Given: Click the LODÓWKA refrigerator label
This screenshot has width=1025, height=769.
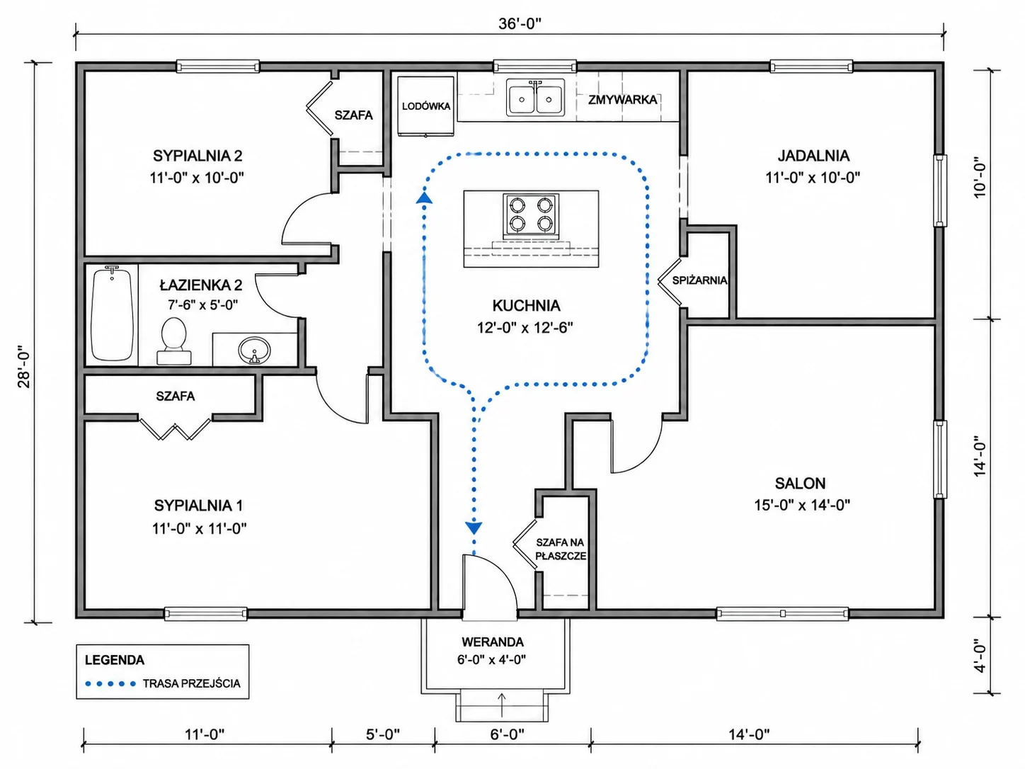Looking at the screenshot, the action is pos(426,106).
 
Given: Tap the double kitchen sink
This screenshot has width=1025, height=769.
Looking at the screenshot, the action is pos(535,97).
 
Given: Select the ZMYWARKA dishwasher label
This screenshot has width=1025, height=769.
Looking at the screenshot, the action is pos(622,100).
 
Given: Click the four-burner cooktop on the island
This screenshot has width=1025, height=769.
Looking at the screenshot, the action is pos(531,215).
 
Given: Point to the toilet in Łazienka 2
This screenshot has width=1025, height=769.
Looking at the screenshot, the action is pos(173,341).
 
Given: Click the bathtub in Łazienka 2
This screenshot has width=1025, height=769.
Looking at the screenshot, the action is pos(112,314).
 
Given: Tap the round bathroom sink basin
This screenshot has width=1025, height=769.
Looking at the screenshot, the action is pos(255,349).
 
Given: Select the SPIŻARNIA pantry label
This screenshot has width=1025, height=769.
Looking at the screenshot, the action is pos(699,280).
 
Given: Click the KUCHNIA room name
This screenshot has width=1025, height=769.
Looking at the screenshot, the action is pos(526,306).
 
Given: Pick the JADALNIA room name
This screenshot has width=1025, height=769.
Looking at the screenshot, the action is pos(813,156).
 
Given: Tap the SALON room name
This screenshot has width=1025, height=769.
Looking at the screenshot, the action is pos(801,483).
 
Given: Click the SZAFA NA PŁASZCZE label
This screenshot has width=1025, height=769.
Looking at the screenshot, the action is pos(561,549).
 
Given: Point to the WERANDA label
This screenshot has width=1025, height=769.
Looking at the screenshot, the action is pos(493,642).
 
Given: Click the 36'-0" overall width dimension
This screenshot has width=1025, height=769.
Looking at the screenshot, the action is pos(520,23).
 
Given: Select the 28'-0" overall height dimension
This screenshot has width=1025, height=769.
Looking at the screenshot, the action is pos(24,367).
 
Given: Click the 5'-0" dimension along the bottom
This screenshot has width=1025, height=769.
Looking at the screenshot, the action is pos(383,734).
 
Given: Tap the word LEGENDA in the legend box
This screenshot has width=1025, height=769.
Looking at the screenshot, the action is pos(115,660).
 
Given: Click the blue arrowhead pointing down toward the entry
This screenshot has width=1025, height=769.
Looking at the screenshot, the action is pos(474,528).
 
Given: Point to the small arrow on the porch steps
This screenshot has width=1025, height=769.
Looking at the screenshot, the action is pos(502,705).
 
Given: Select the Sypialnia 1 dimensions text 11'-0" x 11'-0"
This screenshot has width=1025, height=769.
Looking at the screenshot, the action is pos(200,528).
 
